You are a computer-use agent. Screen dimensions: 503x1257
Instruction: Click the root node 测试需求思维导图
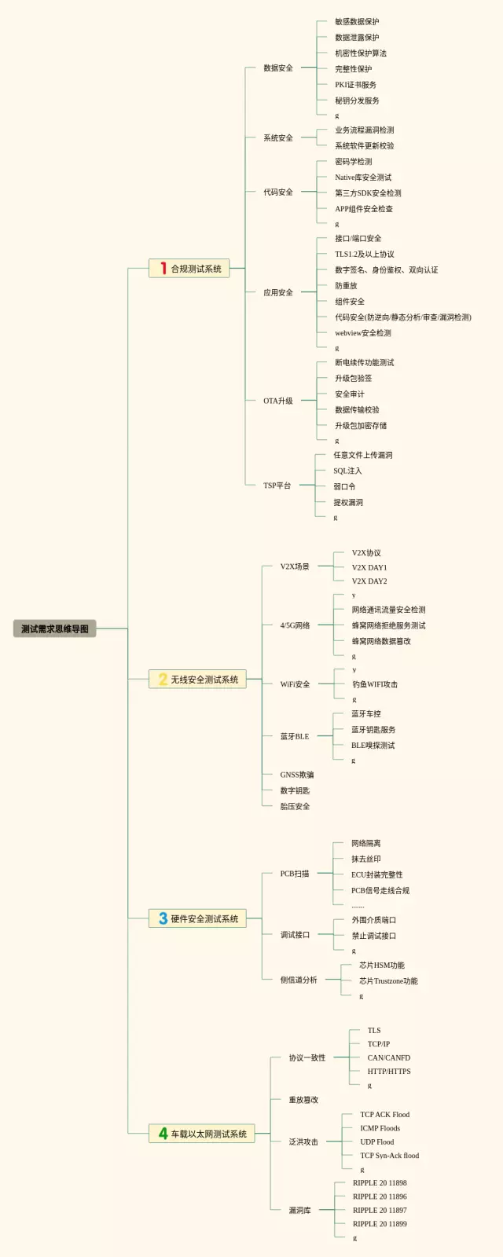[54, 628]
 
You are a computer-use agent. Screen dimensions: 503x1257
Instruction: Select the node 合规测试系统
[196, 269]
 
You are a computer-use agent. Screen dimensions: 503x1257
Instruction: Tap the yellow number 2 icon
[163, 680]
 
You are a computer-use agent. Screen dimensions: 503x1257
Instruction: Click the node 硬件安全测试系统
[204, 918]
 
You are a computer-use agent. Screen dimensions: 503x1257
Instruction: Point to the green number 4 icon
[163, 1134]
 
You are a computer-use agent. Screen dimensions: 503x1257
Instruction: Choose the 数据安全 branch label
[278, 68]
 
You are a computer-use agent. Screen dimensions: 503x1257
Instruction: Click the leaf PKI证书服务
[355, 85]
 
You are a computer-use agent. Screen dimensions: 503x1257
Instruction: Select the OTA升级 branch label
[278, 401]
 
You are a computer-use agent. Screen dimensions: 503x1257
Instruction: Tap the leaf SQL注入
[347, 471]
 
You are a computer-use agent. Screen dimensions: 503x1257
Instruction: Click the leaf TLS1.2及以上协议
[365, 255]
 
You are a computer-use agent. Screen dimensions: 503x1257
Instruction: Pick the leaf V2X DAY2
[369, 581]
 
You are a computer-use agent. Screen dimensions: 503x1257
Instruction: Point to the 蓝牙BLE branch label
[295, 736]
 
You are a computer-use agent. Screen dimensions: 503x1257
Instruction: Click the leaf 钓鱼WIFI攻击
[375, 684]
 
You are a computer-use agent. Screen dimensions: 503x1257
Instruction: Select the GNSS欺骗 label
[297, 775]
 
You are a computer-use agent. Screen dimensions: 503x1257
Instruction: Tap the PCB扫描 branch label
[295, 874]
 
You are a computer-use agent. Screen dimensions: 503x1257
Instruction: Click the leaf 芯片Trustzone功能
[388, 980]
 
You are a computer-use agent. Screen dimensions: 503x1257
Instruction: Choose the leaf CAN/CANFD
[388, 1057]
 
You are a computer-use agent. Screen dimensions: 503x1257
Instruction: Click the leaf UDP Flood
[377, 1142]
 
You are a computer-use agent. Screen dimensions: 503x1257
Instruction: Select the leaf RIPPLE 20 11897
[380, 1210]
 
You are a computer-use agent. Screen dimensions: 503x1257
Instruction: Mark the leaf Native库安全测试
[363, 178]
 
